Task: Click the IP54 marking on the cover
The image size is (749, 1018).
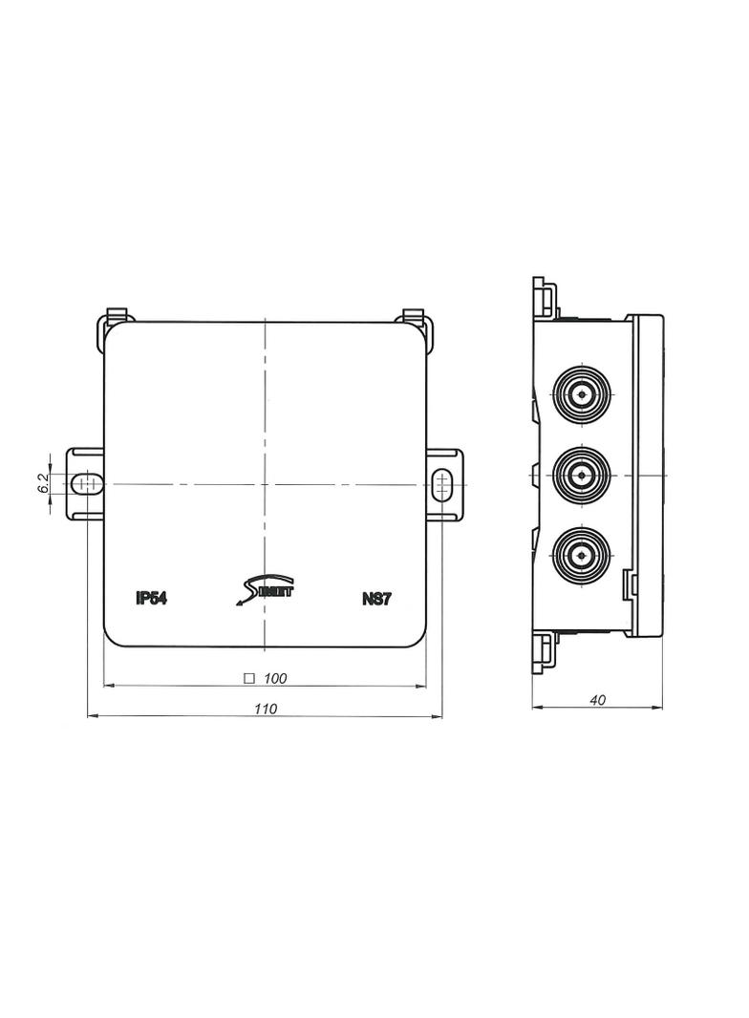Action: click(x=152, y=599)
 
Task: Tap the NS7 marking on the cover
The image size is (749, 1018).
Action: click(x=377, y=599)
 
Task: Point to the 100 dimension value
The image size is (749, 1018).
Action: click(x=275, y=678)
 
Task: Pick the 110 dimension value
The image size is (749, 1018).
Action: click(x=265, y=709)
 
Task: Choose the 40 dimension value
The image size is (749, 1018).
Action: click(x=597, y=700)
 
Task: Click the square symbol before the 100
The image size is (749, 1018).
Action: click(x=248, y=678)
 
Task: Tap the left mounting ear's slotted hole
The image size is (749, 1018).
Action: click(x=87, y=484)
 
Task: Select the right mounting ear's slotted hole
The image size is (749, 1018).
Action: click(x=440, y=484)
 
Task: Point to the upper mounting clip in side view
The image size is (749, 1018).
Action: click(x=545, y=297)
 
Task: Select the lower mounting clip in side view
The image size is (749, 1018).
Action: click(x=545, y=652)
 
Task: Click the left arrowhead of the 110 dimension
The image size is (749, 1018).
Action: click(x=92, y=715)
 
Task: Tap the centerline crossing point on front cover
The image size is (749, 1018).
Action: click(x=265, y=484)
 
